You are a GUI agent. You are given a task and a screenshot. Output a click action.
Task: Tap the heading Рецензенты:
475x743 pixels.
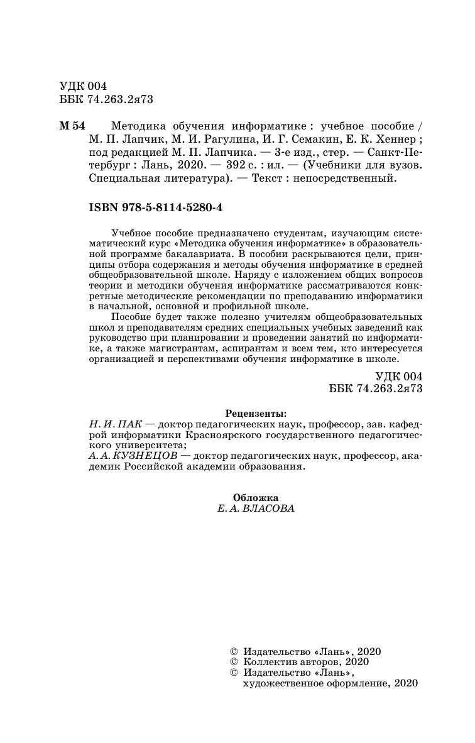point(254,413)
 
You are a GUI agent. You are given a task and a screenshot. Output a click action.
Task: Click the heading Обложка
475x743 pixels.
point(254,497)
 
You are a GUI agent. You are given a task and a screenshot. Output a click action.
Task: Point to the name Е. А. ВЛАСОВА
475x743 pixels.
point(254,509)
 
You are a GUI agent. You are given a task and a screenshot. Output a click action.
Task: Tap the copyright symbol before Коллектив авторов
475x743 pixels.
point(234,661)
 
